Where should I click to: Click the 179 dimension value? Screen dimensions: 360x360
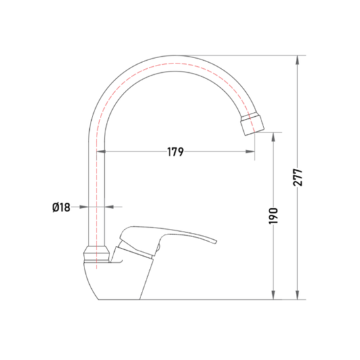click(176, 152)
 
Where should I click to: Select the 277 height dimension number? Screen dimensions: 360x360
click(298, 177)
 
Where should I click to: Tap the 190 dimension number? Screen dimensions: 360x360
click(274, 216)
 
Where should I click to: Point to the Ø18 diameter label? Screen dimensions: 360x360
click(61, 207)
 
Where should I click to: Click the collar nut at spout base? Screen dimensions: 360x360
click(97, 254)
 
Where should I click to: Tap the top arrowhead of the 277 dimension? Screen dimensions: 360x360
click(297, 59)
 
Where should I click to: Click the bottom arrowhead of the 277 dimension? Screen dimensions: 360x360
click(297, 295)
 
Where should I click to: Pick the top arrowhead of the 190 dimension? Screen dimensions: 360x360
click(274, 137)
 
